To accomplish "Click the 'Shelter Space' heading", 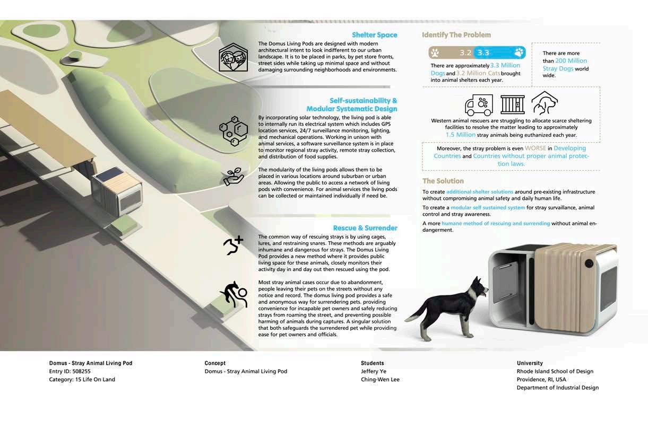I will click(374, 35).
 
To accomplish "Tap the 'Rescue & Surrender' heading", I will click(365, 228).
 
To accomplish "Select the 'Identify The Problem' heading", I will click(456, 35).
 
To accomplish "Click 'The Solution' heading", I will click(443, 181).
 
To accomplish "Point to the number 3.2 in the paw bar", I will click(465, 52).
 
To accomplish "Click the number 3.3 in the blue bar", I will click(483, 52).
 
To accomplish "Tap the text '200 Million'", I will click(571, 61).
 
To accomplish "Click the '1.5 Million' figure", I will click(460, 135).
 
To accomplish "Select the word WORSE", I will click(535, 148).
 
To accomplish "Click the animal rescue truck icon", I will click(478, 105).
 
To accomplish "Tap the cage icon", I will click(512, 104).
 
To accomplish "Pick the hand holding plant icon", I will click(233, 177).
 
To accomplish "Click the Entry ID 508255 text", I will click(70, 372).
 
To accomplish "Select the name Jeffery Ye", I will click(374, 372).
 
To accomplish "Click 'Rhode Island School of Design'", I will click(555, 372).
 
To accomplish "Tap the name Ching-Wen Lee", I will click(380, 380).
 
